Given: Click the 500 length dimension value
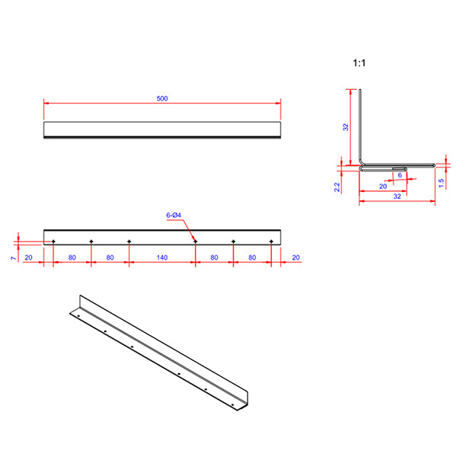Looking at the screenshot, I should (x=162, y=97).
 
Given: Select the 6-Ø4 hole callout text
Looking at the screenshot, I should (x=174, y=216).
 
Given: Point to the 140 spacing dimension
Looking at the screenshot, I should (x=161, y=257).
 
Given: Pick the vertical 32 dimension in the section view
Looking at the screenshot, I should (x=345, y=127).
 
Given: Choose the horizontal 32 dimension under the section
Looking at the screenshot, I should (x=397, y=196).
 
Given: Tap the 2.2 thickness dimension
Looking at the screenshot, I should (x=337, y=186).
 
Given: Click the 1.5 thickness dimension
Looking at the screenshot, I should (x=441, y=183).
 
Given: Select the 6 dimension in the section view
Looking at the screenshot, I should (x=400, y=174).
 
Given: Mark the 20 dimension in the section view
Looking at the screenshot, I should (x=382, y=185).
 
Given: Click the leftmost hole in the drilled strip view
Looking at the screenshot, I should (x=53, y=241).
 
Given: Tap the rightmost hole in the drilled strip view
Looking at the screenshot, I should (x=271, y=241).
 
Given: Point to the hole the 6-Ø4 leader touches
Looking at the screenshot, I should (x=195, y=241).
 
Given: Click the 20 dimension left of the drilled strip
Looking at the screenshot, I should (x=28, y=257).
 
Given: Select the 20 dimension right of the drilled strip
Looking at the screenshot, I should (x=296, y=257).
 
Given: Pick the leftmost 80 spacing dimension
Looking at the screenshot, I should (x=72, y=257).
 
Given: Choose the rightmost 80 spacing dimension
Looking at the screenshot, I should (x=252, y=257).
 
